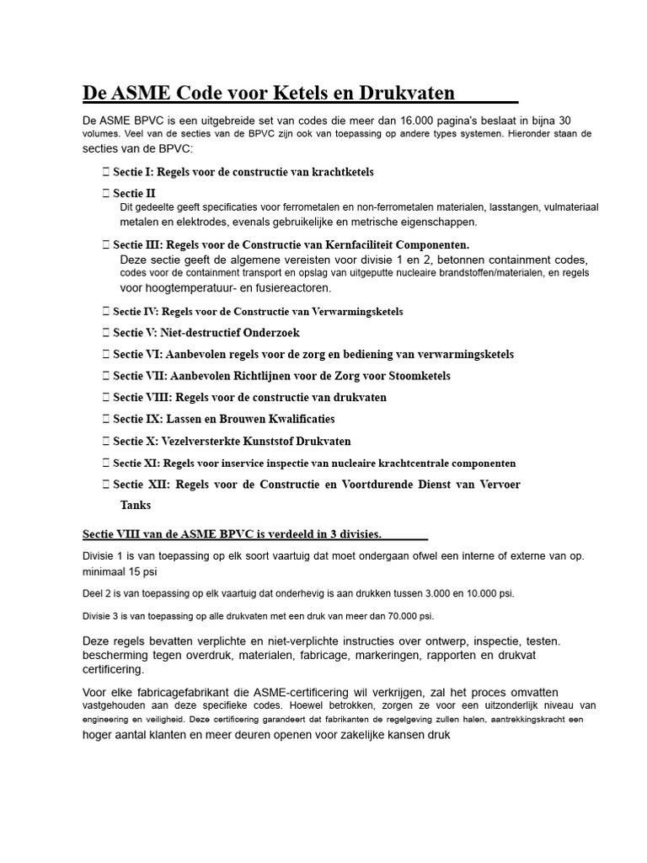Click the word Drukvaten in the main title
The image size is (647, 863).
pos(407,93)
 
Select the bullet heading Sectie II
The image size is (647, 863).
pos(134,194)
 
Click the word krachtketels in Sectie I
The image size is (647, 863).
pos(342,172)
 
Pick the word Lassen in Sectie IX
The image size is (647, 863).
pos(184,419)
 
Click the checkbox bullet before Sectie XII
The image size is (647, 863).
pos(105,485)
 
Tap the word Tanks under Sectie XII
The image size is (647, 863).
pos(136,506)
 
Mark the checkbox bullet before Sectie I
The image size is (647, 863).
pos(105,172)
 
